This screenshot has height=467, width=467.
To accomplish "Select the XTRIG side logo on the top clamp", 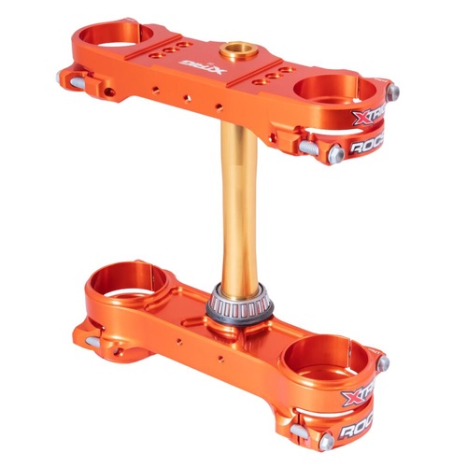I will [368, 118].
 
